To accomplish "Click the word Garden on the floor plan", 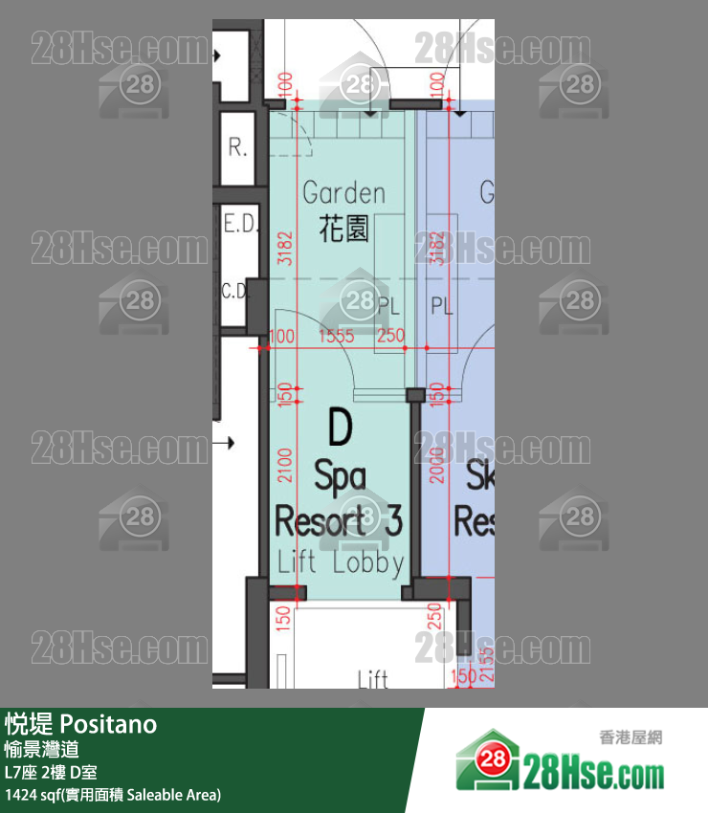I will (x=343, y=192).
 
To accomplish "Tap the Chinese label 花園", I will (x=343, y=230).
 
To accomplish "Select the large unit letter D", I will (x=340, y=428).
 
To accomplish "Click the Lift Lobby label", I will (x=341, y=562).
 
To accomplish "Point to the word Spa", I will (x=340, y=474).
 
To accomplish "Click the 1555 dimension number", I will (x=336, y=337).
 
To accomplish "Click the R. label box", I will (x=237, y=148).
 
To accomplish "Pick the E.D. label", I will (x=239, y=225).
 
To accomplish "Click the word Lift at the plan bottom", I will (x=372, y=678).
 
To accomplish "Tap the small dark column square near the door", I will (x=415, y=395).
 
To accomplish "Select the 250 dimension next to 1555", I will (x=391, y=337).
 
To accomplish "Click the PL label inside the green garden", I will (x=387, y=307).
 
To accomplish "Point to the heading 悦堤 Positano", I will (x=80, y=724).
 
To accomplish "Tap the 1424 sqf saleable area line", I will (x=113, y=794).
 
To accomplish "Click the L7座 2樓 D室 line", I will (x=50, y=772).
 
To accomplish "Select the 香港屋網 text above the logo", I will (x=631, y=736).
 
